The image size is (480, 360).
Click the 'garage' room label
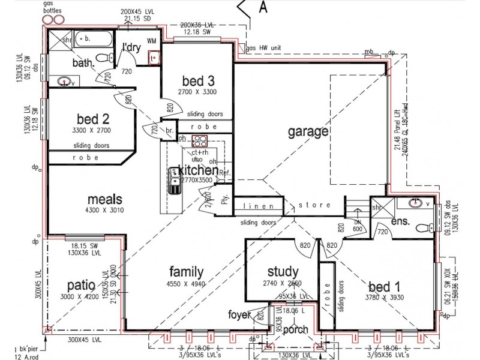point(307,131)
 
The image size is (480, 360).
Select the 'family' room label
point(186,271)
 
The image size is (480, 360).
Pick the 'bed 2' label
point(91,118)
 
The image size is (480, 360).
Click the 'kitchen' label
point(197,171)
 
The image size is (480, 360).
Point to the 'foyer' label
point(240,314)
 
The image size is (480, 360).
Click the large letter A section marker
point(262,8)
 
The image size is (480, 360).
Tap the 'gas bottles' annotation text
point(52,8)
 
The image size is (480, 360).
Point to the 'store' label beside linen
point(315,206)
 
